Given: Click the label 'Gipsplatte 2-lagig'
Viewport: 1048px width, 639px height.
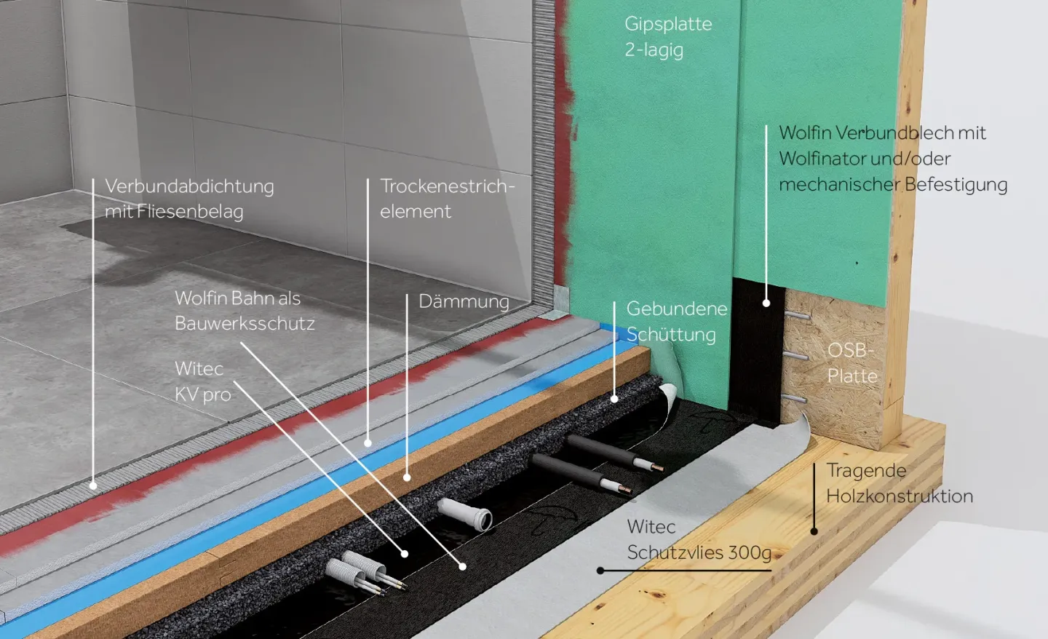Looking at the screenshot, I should [x=667, y=36].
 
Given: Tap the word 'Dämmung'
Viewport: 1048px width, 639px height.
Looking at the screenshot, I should [x=464, y=301].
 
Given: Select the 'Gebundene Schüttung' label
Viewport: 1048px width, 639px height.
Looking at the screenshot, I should [x=676, y=321].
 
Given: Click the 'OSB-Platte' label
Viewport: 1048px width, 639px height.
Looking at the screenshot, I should [x=851, y=362].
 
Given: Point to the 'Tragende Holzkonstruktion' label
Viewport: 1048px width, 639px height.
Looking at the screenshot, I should [x=899, y=483].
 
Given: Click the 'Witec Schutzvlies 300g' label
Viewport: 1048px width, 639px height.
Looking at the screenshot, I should [x=699, y=539].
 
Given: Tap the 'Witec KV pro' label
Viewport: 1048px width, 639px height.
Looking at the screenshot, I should [x=202, y=381].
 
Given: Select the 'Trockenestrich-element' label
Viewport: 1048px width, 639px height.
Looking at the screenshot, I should [x=447, y=199].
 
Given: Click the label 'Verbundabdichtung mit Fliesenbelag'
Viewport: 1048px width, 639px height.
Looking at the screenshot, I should [x=189, y=199].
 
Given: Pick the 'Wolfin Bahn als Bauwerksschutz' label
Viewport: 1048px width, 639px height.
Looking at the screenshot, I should [x=245, y=311].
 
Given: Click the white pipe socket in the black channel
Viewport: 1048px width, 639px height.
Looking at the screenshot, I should [x=466, y=514].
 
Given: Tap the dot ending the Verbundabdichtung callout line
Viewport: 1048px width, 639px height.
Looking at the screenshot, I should [x=93, y=485].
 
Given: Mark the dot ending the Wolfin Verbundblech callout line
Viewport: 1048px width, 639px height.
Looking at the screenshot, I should [x=766, y=303].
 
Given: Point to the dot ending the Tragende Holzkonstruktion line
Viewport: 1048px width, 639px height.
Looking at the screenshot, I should [x=814, y=531].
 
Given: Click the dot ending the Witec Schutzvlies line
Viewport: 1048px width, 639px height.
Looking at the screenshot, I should [x=600, y=571].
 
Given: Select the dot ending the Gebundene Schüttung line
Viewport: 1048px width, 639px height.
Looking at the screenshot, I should [x=614, y=399].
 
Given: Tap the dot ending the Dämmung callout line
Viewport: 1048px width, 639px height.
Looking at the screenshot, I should [x=407, y=477].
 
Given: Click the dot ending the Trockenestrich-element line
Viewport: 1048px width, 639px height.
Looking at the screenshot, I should [x=368, y=442].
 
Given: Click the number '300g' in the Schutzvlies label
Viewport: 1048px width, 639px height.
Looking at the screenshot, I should [x=750, y=552].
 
